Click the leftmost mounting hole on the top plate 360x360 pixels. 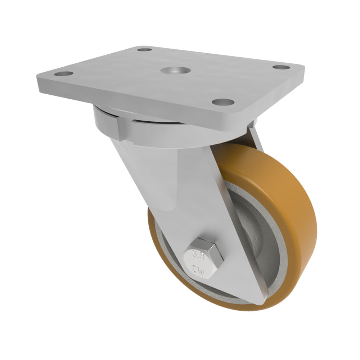click(x=63, y=74)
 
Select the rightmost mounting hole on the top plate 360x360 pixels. click(x=281, y=67)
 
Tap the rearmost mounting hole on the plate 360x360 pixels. click(x=144, y=49)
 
